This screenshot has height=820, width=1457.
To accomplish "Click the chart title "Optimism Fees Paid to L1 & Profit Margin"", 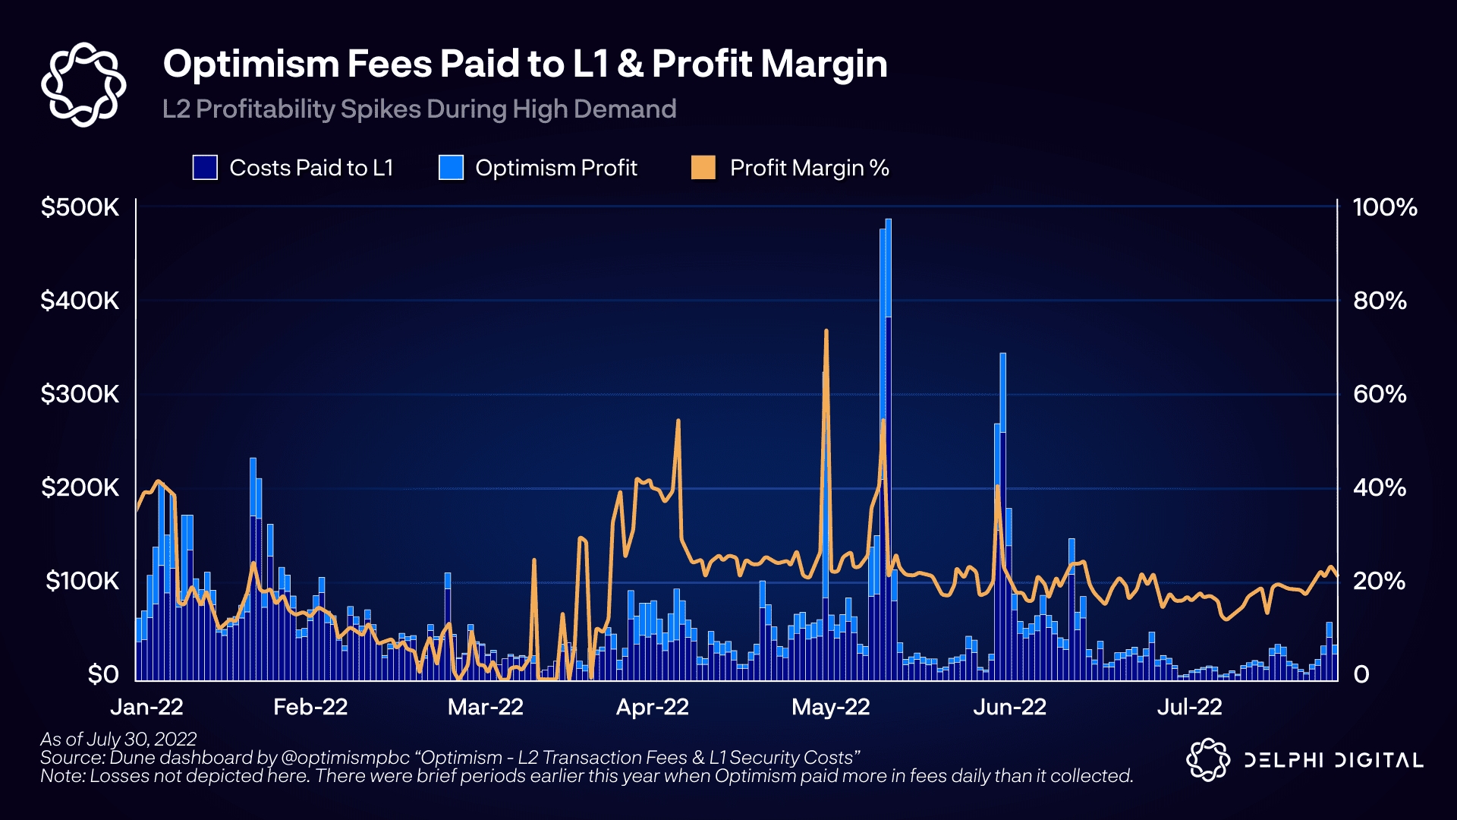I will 524,64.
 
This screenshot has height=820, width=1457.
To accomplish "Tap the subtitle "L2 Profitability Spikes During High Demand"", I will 419,109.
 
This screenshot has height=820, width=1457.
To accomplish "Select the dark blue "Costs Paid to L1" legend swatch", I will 205,168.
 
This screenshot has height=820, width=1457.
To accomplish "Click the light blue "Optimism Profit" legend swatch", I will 452,168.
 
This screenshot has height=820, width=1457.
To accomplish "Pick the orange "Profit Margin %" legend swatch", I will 703,168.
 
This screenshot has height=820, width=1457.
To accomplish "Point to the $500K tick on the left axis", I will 80,207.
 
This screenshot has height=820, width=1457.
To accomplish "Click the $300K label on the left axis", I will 80,394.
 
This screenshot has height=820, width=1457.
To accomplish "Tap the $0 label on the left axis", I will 103,674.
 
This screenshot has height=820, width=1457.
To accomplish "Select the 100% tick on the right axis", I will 1385,207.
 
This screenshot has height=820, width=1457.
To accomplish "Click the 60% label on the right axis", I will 1380,394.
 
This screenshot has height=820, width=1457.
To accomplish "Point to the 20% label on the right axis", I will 1380,582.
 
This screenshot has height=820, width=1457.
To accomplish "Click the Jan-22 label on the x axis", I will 146,707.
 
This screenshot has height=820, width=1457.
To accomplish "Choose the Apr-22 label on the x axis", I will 652,707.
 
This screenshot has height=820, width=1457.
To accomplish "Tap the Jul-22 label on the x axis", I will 1189,707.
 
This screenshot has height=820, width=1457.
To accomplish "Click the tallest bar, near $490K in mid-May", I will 889,380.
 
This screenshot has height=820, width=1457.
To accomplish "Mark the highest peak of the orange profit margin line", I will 826,332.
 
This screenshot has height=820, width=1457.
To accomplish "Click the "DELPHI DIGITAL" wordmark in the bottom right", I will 1333,760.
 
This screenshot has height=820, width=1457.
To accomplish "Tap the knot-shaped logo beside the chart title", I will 83,84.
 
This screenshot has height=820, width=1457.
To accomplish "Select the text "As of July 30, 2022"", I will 118,739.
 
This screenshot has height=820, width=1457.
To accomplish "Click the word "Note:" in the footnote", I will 62,776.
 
